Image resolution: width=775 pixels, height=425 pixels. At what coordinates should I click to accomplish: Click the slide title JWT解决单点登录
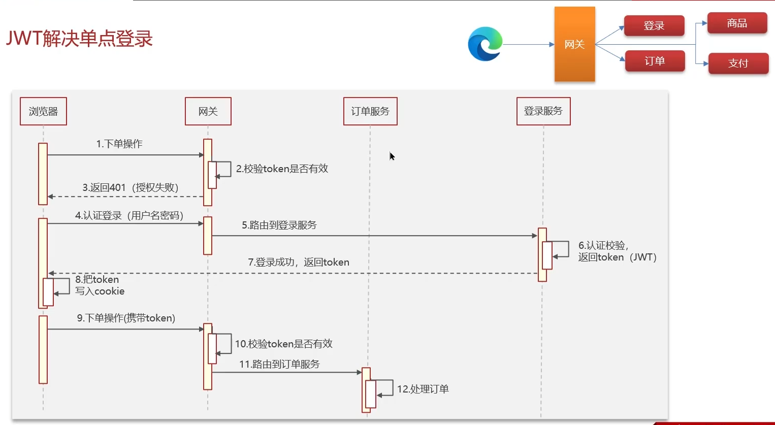point(79,39)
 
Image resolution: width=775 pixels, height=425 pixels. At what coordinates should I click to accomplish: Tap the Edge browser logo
point(485,44)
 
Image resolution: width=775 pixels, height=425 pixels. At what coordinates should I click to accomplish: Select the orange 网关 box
point(574,44)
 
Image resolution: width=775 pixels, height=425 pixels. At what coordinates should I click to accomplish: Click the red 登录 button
point(654,26)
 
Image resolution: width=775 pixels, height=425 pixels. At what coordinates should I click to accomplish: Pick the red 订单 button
point(655,61)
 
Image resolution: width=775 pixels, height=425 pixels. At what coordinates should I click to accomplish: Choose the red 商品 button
point(737,23)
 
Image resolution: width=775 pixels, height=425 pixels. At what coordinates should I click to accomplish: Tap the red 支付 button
point(738,63)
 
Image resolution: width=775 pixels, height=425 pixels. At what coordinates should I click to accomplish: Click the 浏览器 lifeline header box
point(43,111)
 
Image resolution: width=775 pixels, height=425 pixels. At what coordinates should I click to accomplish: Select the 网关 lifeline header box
point(208,111)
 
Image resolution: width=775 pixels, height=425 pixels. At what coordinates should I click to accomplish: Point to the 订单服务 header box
point(370,111)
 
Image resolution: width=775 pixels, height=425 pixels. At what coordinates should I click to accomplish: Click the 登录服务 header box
point(543,111)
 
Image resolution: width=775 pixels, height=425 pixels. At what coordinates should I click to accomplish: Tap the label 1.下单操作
point(119,144)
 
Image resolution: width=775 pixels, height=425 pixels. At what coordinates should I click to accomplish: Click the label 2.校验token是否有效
point(282,169)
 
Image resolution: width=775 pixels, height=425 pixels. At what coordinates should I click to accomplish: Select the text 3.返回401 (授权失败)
point(131,188)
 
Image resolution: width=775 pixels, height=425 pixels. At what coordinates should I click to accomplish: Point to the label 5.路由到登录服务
point(279,225)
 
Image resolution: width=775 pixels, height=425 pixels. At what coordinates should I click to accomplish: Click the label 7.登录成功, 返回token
point(299,262)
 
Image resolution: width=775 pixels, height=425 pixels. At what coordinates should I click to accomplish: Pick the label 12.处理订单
point(423,389)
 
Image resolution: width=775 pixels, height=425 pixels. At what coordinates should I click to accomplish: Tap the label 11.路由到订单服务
point(279,364)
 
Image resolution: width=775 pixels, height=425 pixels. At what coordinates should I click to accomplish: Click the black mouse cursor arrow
point(392,156)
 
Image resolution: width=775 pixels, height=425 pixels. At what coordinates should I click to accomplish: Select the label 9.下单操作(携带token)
point(126,318)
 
